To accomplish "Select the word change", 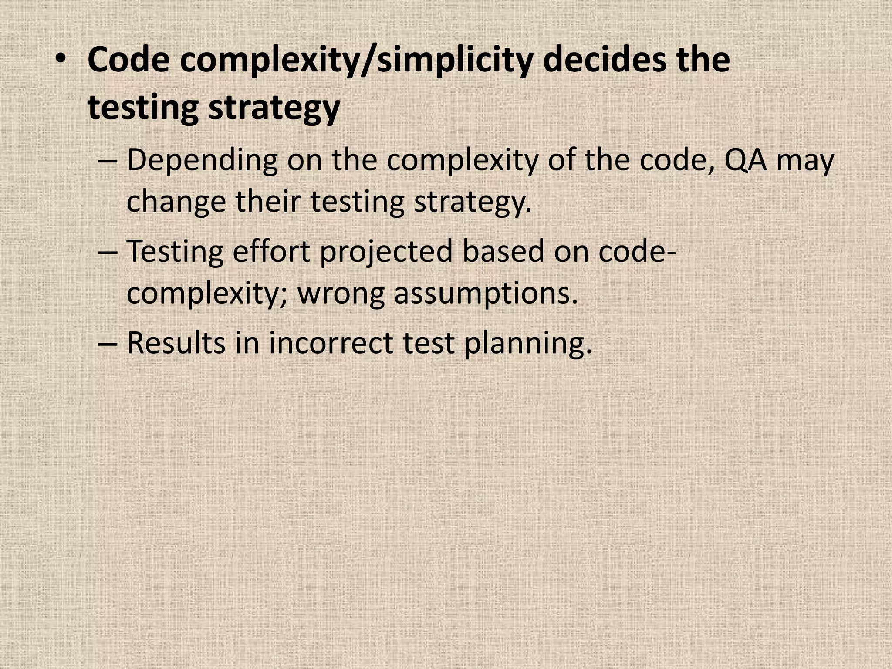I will (x=176, y=203).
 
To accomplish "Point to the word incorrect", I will (x=331, y=343).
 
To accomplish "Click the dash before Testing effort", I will (x=106, y=253).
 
